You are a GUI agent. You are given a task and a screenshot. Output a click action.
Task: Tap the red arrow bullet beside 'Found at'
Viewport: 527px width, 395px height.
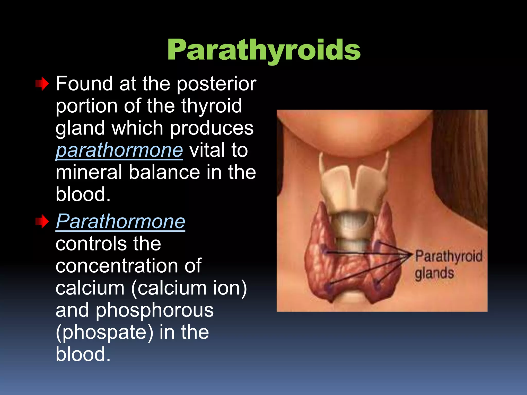[x=42, y=84]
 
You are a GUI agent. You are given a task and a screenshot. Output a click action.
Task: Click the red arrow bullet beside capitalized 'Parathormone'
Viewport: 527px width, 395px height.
[x=42, y=221]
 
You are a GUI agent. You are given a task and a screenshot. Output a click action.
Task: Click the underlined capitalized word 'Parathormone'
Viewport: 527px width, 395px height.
[x=120, y=221]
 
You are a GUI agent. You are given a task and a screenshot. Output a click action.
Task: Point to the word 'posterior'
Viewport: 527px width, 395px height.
[x=216, y=84]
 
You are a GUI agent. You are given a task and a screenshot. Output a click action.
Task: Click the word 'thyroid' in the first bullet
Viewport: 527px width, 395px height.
[x=212, y=106]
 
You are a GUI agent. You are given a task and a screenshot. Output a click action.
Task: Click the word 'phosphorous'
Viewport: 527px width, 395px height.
[x=155, y=310]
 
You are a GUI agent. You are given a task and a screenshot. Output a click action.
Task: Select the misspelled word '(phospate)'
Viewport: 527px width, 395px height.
[x=104, y=332]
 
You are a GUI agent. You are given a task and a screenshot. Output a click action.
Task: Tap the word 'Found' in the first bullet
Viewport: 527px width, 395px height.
[x=84, y=84]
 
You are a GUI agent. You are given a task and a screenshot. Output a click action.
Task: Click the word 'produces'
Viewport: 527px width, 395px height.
[x=212, y=128]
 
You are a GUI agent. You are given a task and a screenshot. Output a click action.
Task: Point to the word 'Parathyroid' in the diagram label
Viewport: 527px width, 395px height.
[x=449, y=257]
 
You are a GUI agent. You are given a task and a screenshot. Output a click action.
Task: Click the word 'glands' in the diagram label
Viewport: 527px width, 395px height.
[x=434, y=273]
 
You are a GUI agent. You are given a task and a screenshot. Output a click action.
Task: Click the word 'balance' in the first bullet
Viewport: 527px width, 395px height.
[x=164, y=172]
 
